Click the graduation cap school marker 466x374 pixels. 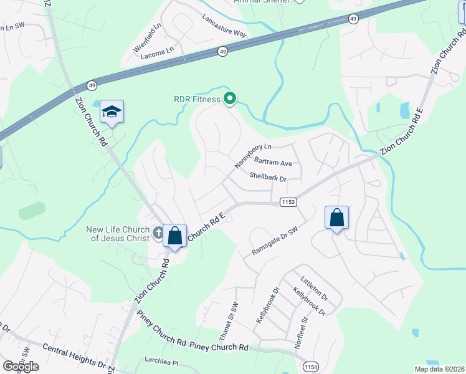tap(112, 112)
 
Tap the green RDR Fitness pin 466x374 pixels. tap(230, 98)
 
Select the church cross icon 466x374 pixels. tap(158, 234)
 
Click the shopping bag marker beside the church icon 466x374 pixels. tap(175, 236)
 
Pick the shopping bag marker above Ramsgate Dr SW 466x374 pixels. tap(336, 218)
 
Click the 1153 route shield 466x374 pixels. tap(288, 202)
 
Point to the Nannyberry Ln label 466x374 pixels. tap(254, 156)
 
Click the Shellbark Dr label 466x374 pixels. tap(267, 177)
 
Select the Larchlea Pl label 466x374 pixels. tap(161, 362)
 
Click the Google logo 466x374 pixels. tap(21, 367)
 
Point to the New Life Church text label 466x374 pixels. tap(118, 234)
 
